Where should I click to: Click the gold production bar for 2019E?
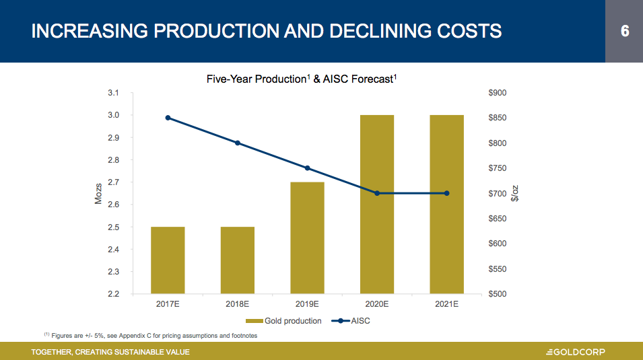pos(307,238)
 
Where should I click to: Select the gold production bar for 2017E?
pos(168,260)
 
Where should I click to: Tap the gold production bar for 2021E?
pos(446,204)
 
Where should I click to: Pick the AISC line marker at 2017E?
pos(168,118)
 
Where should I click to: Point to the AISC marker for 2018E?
pos(238,143)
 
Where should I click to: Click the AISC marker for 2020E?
pos(377,193)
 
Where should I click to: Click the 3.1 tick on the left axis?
pos(113,93)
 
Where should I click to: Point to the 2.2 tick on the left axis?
pos(113,294)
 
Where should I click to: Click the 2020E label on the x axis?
pos(377,305)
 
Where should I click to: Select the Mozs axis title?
pos(99,194)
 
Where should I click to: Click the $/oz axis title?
pos(516,194)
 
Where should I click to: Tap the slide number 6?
pos(624,31)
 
